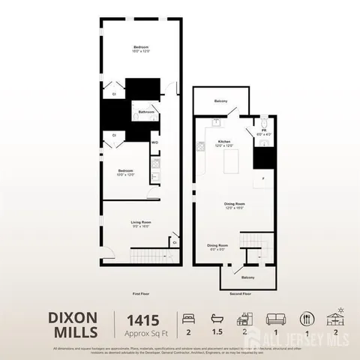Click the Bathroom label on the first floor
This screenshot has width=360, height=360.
coord(146,112)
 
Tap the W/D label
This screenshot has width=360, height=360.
coord(154,142)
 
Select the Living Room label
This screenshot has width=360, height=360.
coord(140,223)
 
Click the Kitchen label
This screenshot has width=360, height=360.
coord(223,142)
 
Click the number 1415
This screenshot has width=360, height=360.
coord(137,318)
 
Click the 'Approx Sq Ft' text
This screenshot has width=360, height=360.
coord(137,332)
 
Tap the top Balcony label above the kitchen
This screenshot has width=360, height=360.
coord(220,100)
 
